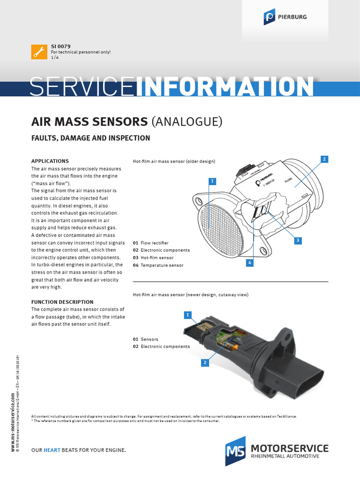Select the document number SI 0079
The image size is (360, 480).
click(60, 46)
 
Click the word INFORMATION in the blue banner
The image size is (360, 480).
click(225, 87)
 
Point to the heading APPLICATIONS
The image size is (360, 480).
click(50, 161)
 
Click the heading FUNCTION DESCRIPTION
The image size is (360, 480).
click(62, 302)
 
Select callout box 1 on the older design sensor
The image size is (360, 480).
click(212, 181)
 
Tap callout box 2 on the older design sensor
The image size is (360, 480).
click(324, 159)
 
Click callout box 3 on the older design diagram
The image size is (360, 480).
click(297, 240)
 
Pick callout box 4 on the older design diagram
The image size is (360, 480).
click(250, 263)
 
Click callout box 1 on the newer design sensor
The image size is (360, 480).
click(187, 314)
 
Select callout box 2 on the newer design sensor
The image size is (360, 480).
click(205, 362)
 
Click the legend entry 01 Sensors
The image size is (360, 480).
click(146, 339)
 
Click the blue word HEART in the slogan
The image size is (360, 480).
click(52, 450)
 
